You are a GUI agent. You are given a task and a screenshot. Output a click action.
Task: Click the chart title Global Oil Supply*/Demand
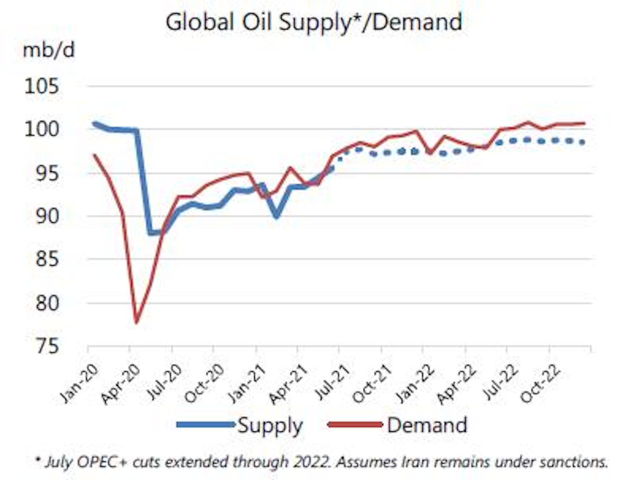[x=313, y=21]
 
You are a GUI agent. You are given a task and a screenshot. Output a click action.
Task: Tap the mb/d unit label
[x=48, y=51]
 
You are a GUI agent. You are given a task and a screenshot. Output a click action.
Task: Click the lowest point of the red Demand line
[x=136, y=323]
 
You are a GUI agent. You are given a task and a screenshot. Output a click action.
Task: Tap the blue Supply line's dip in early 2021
[x=276, y=215]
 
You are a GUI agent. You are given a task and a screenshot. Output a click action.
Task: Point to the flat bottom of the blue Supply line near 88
[x=155, y=233]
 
